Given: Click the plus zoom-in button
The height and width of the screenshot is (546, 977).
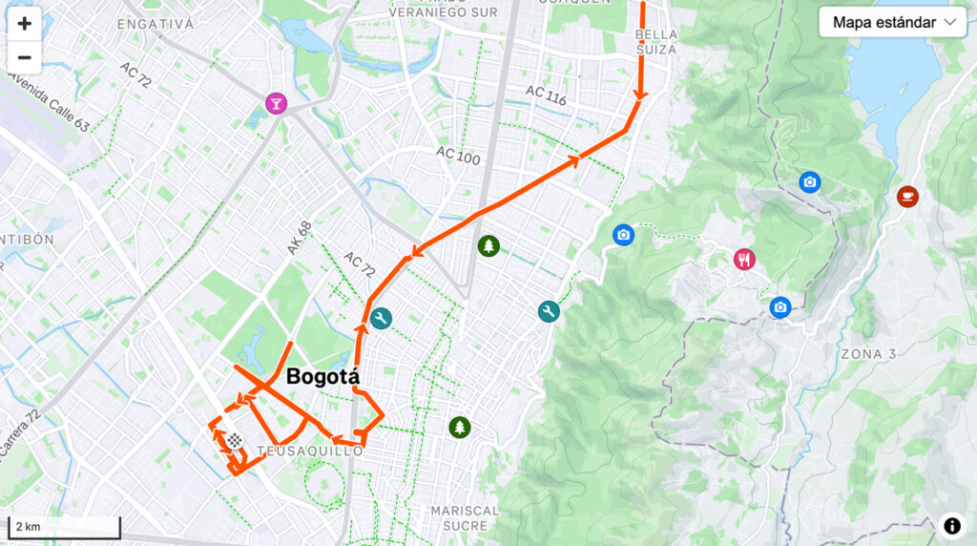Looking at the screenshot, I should point(24,24).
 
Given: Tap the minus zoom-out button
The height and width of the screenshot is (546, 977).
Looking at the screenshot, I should point(24,57).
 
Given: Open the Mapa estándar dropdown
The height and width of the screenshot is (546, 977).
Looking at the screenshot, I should point(892,22).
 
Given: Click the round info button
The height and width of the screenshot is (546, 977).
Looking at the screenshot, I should point(951,525).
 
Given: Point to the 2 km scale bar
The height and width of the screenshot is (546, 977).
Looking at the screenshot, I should point(64,527).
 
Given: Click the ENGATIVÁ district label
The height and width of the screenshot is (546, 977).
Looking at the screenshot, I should point(156,24).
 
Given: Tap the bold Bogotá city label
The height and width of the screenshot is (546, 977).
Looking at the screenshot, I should point(322,376).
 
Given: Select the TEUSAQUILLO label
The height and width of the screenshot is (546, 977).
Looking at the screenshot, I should point(310,451).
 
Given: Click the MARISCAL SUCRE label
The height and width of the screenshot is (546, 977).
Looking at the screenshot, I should point(465,517).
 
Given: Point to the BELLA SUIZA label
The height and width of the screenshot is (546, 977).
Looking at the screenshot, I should point(655,41).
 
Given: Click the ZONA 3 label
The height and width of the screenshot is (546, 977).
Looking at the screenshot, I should point(868,354).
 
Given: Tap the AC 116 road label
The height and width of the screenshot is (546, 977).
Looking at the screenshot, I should point(546,94).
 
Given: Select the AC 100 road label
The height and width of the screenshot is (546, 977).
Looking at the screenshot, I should point(458,156).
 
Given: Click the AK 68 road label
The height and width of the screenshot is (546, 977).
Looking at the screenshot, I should point(299,238).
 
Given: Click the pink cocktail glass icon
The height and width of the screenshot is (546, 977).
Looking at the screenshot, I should point(276,102).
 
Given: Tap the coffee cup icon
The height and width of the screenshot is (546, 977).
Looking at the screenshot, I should point(907,196).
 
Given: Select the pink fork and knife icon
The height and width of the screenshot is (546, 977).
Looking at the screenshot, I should point(744,259).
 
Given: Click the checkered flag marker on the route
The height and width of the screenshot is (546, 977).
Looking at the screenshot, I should point(234,441).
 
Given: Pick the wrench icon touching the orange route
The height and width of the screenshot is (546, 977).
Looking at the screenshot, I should point(382,319).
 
